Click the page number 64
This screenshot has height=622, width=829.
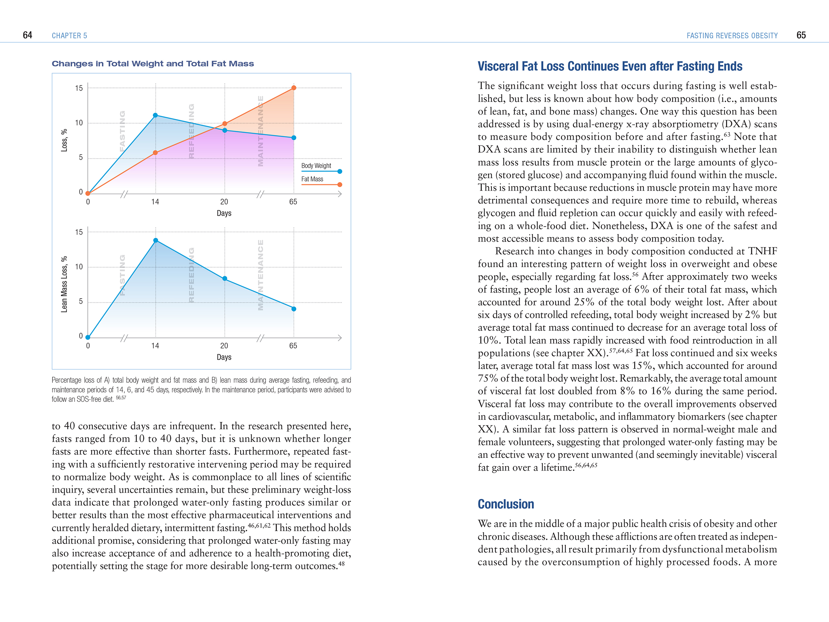(x=27, y=35)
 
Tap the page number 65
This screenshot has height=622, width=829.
(x=801, y=35)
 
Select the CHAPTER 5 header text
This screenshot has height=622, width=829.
(x=69, y=36)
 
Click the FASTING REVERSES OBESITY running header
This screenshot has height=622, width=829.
(x=732, y=36)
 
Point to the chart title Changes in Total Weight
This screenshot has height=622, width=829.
(x=153, y=64)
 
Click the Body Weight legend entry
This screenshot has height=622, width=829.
(x=316, y=166)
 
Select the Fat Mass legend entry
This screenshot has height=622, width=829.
(x=312, y=179)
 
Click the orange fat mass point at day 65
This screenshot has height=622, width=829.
(x=294, y=88)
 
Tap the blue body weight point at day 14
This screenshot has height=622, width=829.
(x=155, y=115)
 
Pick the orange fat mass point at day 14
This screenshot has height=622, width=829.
(x=155, y=153)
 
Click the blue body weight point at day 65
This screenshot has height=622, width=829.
(x=294, y=138)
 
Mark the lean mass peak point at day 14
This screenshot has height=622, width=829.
(x=155, y=240)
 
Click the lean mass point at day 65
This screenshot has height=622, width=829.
(x=294, y=309)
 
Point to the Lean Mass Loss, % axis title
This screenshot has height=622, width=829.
(x=64, y=284)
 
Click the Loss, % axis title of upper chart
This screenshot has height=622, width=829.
(x=64, y=140)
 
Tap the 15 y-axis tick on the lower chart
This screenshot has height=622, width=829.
(x=79, y=233)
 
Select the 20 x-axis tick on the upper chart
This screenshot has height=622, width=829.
(x=224, y=202)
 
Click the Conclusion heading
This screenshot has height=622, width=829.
(x=506, y=504)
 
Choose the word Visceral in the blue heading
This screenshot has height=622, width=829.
(x=498, y=66)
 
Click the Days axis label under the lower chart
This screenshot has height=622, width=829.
(x=224, y=357)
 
